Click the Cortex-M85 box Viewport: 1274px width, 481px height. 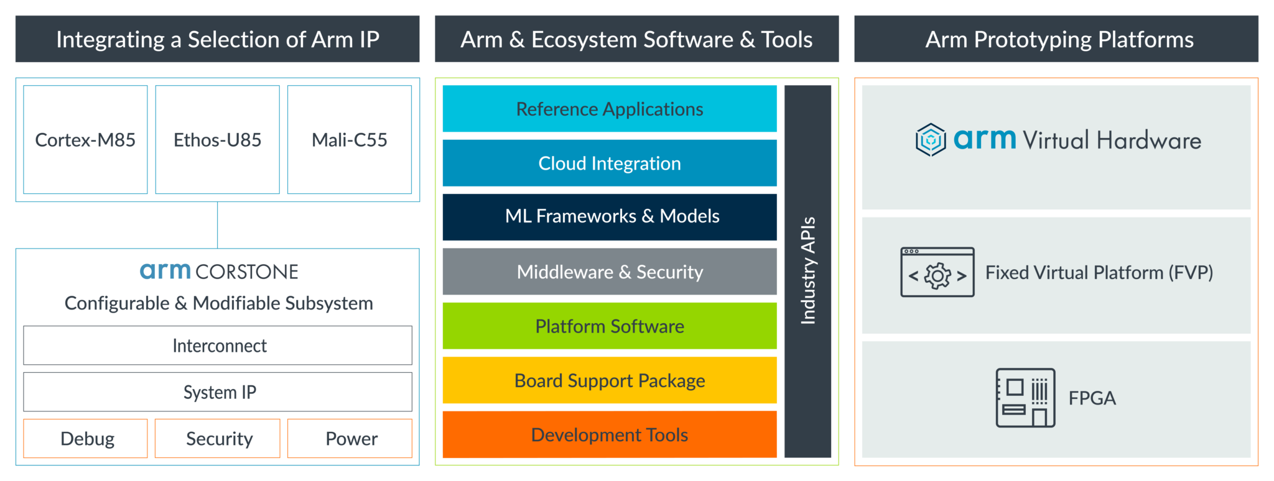click(85, 140)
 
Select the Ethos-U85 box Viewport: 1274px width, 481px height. click(217, 140)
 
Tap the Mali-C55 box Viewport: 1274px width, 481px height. click(349, 140)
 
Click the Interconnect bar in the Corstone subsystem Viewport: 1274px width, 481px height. click(218, 346)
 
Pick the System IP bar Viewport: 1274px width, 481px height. click(218, 392)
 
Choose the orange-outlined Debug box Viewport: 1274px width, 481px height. click(86, 439)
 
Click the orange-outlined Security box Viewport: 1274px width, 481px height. click(218, 439)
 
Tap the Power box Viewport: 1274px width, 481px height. click(350, 439)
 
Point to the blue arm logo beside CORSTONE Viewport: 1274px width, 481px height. click(165, 271)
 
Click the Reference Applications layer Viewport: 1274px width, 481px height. click(610, 109)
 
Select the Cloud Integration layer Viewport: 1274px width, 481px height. click(610, 163)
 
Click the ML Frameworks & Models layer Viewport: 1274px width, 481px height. click(610, 216)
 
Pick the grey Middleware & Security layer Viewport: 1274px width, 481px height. click(610, 272)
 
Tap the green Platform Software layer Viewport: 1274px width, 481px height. click(610, 326)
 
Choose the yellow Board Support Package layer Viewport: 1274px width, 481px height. click(610, 380)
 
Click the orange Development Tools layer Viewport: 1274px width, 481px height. click(610, 434)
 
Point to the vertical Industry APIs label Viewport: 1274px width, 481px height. click(807, 271)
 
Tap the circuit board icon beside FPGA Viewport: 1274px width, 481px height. click(1025, 398)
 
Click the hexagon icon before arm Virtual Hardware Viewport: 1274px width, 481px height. click(931, 140)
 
